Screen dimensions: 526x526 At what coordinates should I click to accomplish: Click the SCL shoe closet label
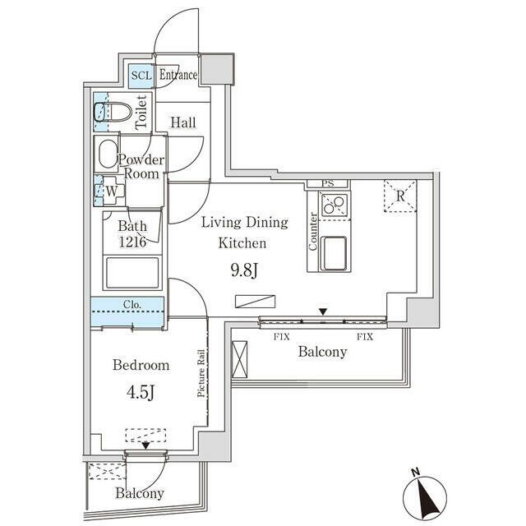(x=141, y=76)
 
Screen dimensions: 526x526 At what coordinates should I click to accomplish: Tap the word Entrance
(x=178, y=75)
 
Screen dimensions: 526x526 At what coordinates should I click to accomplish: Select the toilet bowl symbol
(x=113, y=112)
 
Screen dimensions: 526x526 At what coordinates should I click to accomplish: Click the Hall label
(x=183, y=122)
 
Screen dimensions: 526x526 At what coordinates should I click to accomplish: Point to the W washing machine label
(x=112, y=191)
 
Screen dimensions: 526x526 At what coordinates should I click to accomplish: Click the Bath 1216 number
(x=132, y=242)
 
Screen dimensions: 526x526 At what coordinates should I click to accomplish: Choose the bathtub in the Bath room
(x=132, y=273)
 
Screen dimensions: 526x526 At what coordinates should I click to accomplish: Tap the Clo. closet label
(x=132, y=305)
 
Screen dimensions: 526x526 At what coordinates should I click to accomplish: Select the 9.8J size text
(x=244, y=270)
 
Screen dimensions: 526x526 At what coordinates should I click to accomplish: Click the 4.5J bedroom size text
(x=141, y=392)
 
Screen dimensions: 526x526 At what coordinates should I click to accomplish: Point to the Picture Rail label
(x=201, y=373)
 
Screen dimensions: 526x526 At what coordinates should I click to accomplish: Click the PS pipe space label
(x=327, y=184)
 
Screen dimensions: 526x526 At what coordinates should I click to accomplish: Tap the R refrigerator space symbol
(x=400, y=196)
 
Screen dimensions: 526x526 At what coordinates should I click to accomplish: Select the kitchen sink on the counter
(x=333, y=253)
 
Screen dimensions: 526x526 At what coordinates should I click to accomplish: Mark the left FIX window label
(x=281, y=336)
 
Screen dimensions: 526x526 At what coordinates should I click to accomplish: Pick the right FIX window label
(x=365, y=336)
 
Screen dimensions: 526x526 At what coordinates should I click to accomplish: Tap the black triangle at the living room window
(x=323, y=312)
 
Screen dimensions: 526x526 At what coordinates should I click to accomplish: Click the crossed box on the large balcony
(x=239, y=359)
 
